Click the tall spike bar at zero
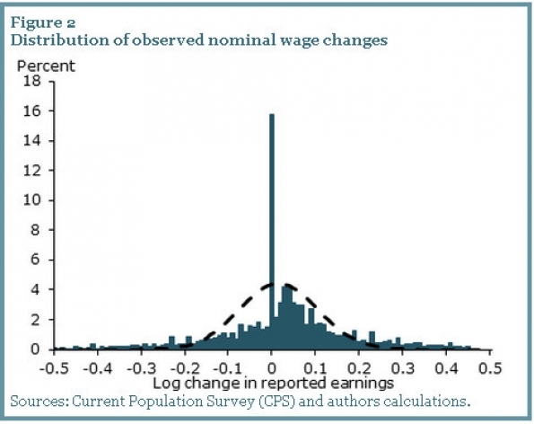click(x=271, y=232)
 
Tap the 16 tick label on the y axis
click(x=32, y=111)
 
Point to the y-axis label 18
click(x=32, y=81)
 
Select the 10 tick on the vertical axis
click(x=32, y=200)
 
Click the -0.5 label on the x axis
click(x=54, y=368)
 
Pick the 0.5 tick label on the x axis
click(x=490, y=368)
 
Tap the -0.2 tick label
click(x=185, y=368)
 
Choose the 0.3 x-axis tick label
click(x=403, y=368)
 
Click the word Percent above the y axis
click(x=46, y=66)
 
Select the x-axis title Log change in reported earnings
click(x=273, y=383)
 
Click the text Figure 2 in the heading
click(x=43, y=22)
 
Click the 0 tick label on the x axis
click(x=272, y=368)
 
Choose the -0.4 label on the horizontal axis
click(x=98, y=368)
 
